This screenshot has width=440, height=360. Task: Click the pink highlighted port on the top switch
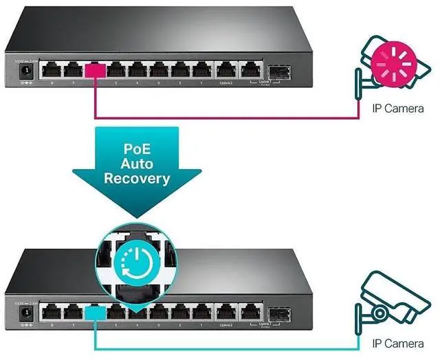coord(93,70)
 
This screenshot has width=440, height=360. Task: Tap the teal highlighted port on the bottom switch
coord(93,311)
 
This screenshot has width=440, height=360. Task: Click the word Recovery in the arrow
coord(136,179)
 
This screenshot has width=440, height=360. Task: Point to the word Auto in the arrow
coord(136,164)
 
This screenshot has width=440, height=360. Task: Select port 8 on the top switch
coord(52,70)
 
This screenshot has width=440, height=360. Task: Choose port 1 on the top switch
coord(202,70)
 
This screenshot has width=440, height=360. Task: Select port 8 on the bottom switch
coord(52,311)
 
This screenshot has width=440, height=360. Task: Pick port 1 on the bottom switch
coord(202,311)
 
